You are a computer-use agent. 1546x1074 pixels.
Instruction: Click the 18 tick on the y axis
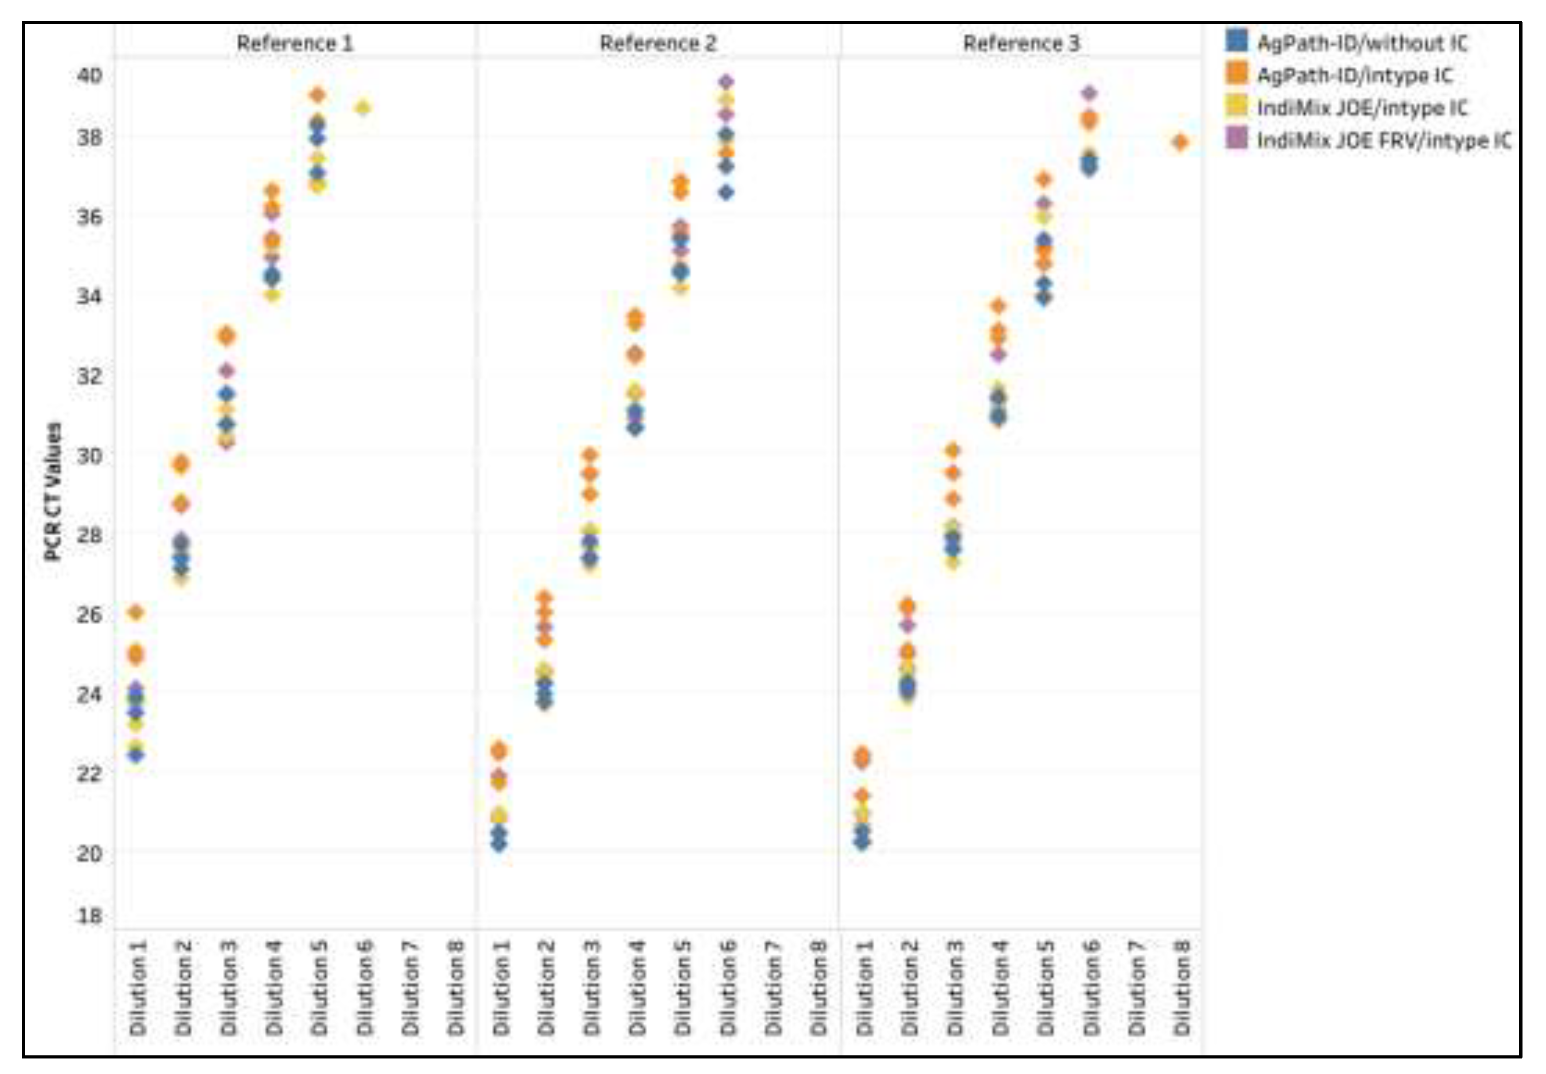tap(90, 915)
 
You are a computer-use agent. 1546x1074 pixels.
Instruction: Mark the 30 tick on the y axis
tap(90, 456)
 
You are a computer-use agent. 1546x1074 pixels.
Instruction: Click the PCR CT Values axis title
tap(52, 491)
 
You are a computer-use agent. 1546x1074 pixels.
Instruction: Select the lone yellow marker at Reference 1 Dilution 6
tap(363, 108)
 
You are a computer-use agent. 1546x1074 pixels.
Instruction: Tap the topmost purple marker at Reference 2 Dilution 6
tap(726, 82)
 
